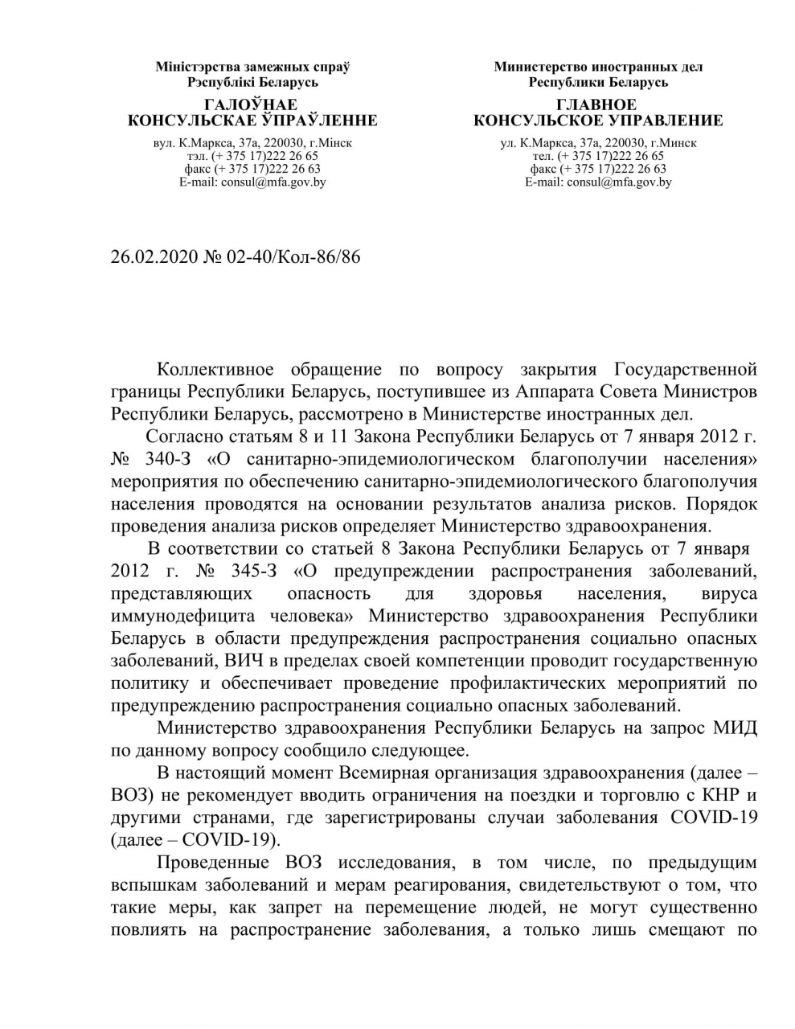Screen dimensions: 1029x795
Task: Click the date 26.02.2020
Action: click(150, 256)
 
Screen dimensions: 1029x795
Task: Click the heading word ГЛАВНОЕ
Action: click(597, 105)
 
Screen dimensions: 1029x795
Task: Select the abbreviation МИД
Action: click(735, 729)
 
